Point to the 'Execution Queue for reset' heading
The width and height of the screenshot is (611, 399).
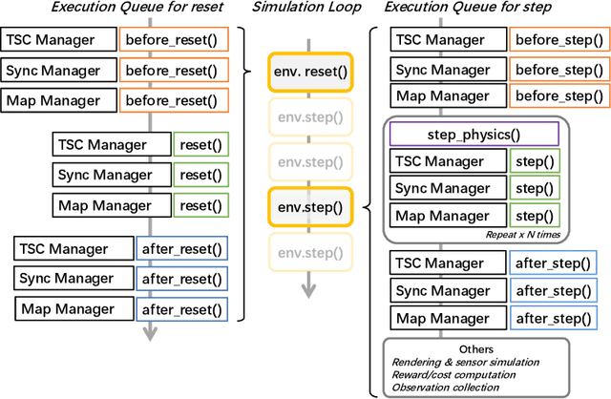tap(116, 10)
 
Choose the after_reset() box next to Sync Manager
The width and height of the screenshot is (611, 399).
tap(181, 279)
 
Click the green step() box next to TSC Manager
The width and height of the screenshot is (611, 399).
tap(535, 162)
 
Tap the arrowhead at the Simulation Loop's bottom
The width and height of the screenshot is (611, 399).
tap(307, 294)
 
